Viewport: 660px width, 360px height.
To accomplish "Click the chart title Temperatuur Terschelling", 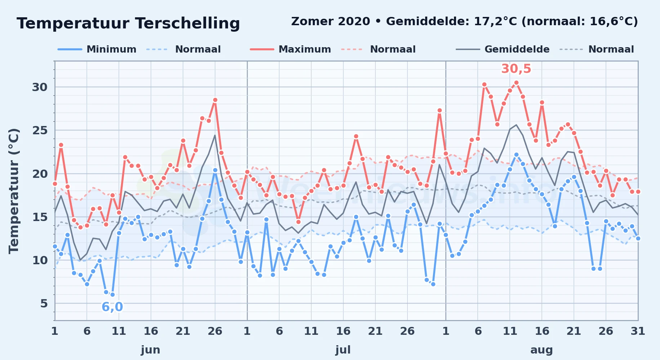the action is pos(128,23).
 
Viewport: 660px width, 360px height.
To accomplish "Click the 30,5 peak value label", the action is pos(516,68).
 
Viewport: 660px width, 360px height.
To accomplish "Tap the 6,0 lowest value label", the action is pos(112,307).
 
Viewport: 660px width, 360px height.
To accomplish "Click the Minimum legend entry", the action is pos(97,49).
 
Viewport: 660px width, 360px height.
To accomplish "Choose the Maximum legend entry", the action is pos(290,49).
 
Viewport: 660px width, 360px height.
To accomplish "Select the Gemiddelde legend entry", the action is pos(503,49).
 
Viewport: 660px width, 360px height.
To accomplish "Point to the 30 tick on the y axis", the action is pos(40,87).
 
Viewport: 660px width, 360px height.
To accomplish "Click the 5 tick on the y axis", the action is pos(44,303).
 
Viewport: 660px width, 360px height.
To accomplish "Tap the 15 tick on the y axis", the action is pos(40,217).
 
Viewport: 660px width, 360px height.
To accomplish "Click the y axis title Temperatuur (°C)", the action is pos(14,191).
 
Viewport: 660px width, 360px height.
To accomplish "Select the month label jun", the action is pos(151,350).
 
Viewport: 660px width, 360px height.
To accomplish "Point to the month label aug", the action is pos(541,350).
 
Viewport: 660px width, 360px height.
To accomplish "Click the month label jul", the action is pos(343,350).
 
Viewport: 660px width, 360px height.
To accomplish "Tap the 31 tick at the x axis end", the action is pos(638,331).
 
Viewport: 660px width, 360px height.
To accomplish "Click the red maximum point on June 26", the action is pos(215,100).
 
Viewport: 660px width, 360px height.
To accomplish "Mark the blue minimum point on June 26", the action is pos(215,170).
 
